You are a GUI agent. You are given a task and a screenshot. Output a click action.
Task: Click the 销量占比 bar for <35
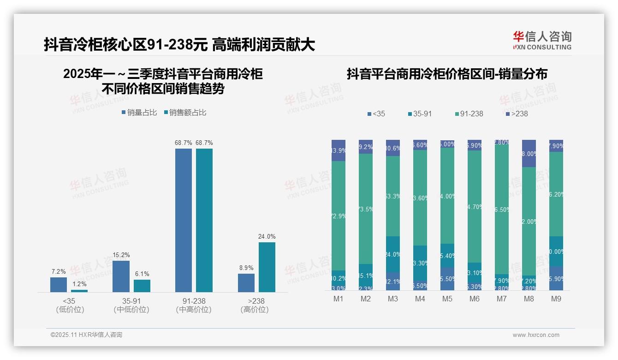59,284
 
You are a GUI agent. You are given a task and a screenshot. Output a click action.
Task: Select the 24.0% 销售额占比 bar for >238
267,267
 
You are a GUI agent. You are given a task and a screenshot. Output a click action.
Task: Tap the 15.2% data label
121,255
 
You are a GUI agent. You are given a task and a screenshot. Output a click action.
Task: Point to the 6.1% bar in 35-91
142,286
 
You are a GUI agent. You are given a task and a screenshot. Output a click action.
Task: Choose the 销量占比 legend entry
140,112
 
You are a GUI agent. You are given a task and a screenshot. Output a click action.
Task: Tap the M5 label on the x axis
447,299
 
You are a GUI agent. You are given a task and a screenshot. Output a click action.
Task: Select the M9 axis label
556,299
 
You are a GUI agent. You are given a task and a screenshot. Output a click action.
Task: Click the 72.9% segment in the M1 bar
339,216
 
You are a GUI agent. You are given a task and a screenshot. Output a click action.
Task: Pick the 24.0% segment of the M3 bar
393,254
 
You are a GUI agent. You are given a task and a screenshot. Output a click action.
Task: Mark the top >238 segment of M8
529,153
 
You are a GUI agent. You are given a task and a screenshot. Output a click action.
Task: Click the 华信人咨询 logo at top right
542,40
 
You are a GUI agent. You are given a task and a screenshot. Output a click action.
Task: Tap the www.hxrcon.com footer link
536,335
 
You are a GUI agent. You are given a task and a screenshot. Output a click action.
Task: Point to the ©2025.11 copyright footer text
86,335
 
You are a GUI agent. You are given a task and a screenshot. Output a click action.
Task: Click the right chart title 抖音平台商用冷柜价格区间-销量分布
447,74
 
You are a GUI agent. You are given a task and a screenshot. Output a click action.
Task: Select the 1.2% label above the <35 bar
79,284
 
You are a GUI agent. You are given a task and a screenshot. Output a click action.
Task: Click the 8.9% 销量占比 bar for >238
246,283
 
